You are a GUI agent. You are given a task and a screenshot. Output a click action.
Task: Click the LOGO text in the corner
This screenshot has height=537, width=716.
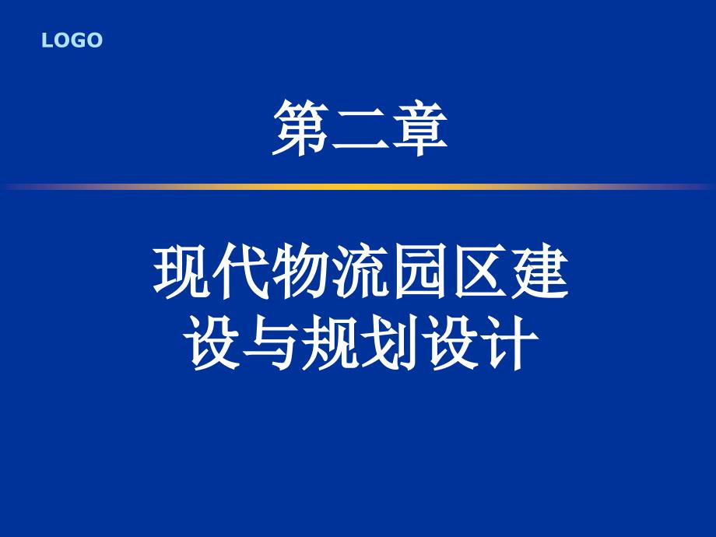[72, 40]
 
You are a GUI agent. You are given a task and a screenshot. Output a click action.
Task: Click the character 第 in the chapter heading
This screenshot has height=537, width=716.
[301, 128]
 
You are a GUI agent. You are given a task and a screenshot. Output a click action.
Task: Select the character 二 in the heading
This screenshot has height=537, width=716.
[360, 128]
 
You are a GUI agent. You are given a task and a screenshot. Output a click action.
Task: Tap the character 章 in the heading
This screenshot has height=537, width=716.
[419, 128]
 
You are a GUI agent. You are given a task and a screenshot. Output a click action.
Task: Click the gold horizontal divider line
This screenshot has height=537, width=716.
[358, 187]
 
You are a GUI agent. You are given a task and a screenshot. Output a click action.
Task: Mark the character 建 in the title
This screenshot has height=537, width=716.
[539, 272]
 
